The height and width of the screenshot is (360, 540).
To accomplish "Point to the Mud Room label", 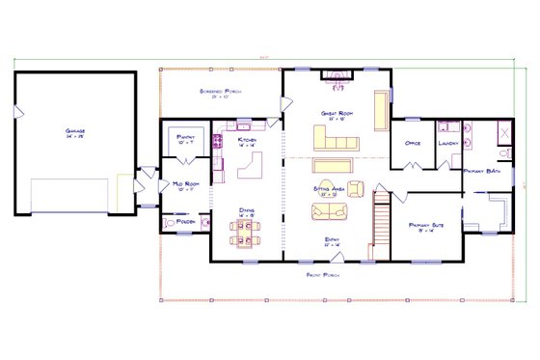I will point(186,186).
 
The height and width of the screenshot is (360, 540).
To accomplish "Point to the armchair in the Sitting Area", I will point(355,187).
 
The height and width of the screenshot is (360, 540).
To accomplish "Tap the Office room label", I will point(412,143).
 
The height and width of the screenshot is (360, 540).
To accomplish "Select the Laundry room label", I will point(447,143).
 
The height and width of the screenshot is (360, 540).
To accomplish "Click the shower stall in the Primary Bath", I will point(501,136).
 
